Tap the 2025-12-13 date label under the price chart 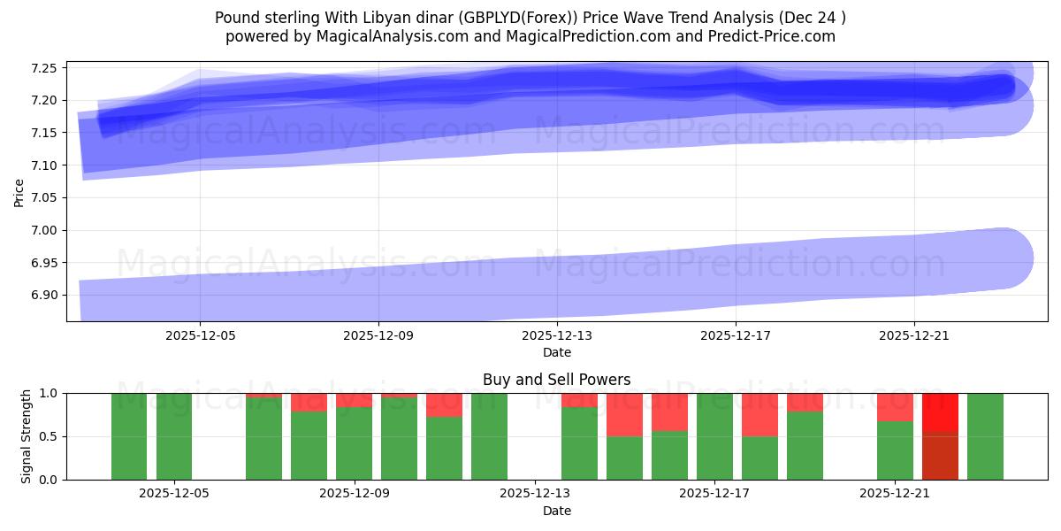557,336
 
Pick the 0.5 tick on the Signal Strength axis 50,436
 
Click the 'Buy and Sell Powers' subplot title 556,380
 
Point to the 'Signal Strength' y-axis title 27,436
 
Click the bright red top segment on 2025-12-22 940,412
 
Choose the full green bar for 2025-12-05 174,436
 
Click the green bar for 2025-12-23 985,436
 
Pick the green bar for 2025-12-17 714,436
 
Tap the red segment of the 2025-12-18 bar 759,414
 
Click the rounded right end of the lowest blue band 1004,258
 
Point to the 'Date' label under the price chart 556,352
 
